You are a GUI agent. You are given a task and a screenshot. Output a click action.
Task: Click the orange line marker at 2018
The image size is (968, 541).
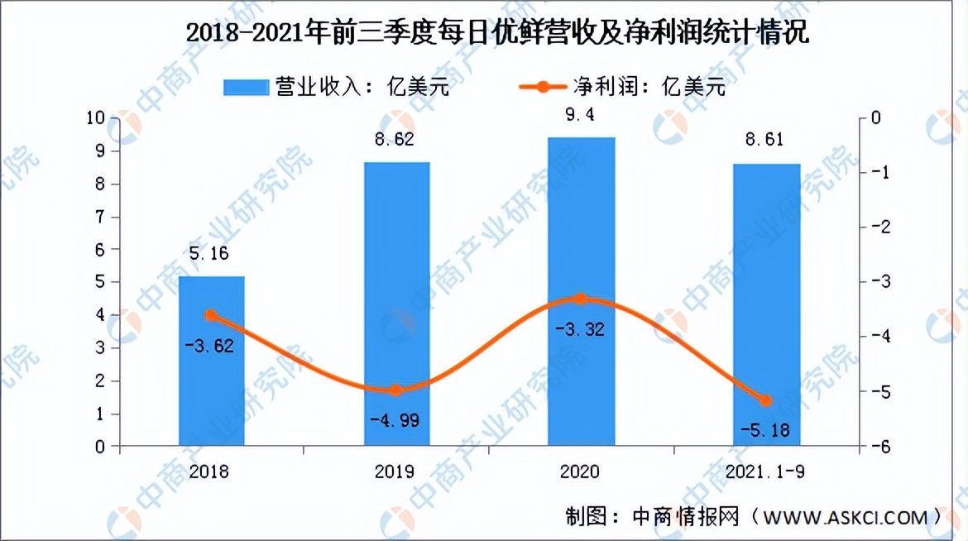click(211, 315)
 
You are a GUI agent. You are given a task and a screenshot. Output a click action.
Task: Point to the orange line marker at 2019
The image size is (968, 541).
click(396, 390)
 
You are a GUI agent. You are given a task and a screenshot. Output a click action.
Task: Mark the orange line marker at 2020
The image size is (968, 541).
click(581, 299)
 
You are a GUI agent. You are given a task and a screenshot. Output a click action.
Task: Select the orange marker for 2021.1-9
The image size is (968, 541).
click(766, 400)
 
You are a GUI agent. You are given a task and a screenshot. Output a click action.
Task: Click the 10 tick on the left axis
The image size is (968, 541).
click(95, 118)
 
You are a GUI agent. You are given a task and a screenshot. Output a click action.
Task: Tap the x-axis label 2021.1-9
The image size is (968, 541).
click(766, 472)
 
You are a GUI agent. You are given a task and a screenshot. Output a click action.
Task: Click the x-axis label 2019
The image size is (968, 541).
click(395, 472)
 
